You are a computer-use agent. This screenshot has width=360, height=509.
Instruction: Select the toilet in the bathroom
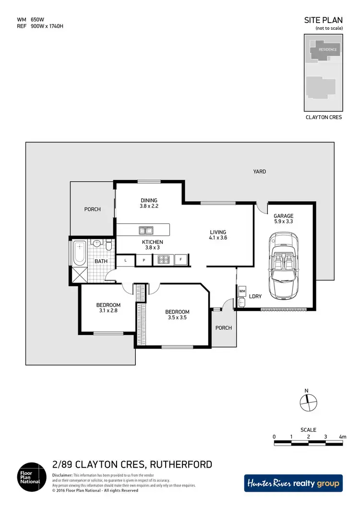click(109, 246)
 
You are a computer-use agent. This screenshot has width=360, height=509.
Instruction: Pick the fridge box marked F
click(181, 260)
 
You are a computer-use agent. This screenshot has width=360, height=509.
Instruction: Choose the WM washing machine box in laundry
click(242, 291)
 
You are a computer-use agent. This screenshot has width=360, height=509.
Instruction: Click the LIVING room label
click(217, 232)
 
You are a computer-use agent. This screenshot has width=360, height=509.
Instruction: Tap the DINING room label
click(149, 201)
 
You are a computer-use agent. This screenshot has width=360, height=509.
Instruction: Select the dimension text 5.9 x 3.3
click(283, 222)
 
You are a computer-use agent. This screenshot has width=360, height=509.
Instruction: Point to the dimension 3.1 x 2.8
click(108, 311)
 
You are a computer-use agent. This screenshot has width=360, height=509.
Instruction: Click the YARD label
click(260, 171)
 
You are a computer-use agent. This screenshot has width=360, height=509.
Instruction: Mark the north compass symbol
click(308, 400)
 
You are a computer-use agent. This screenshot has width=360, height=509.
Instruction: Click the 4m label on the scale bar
click(342, 437)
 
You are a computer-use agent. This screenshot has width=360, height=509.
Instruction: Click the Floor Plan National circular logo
click(32, 477)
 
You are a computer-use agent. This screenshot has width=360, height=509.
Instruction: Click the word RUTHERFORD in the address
click(181, 464)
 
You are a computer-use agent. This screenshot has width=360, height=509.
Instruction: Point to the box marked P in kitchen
click(143, 260)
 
